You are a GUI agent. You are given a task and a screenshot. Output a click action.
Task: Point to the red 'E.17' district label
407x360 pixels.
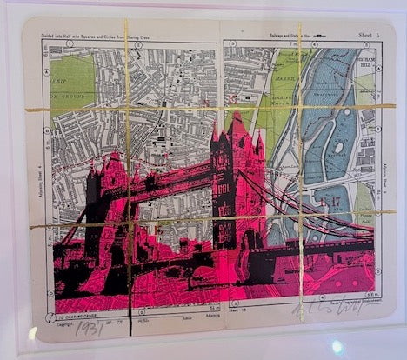point(331,203)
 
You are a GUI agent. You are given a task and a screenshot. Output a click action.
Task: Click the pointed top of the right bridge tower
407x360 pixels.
point(236,114)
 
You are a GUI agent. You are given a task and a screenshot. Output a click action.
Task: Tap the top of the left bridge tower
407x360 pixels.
point(112,157)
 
